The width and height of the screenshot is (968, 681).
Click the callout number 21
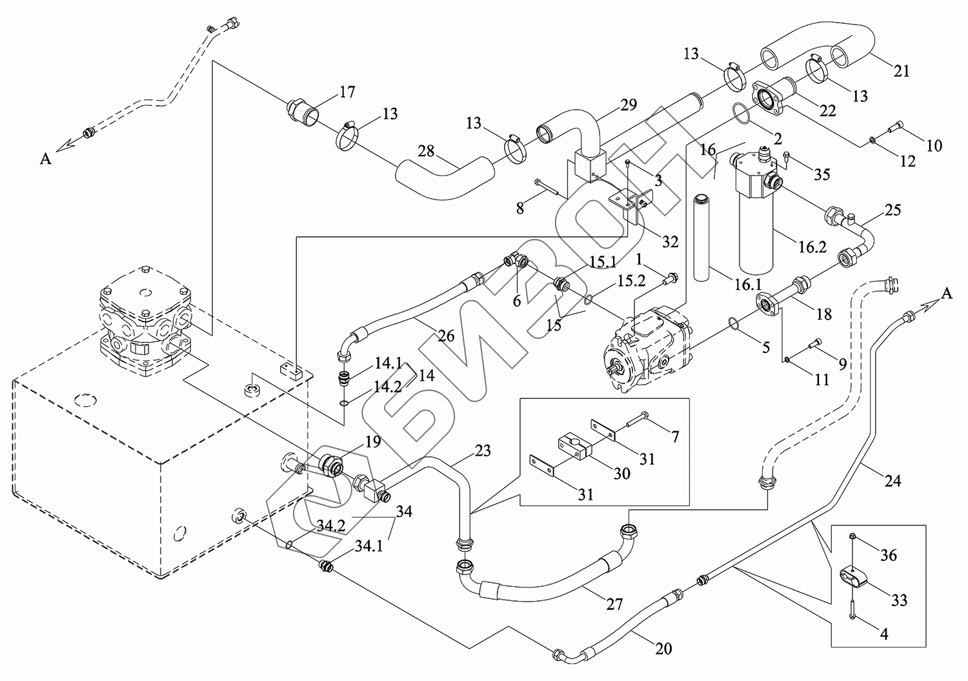click(901, 70)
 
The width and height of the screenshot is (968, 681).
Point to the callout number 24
click(892, 481)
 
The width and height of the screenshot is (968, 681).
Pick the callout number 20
click(663, 648)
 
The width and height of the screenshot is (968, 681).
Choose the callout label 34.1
click(368, 547)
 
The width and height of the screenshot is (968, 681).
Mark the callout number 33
click(898, 600)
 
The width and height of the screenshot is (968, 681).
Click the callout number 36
click(888, 554)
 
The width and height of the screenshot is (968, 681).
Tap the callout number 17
click(347, 92)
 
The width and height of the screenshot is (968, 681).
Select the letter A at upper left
click(45, 158)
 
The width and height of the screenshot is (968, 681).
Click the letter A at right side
click(946, 294)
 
